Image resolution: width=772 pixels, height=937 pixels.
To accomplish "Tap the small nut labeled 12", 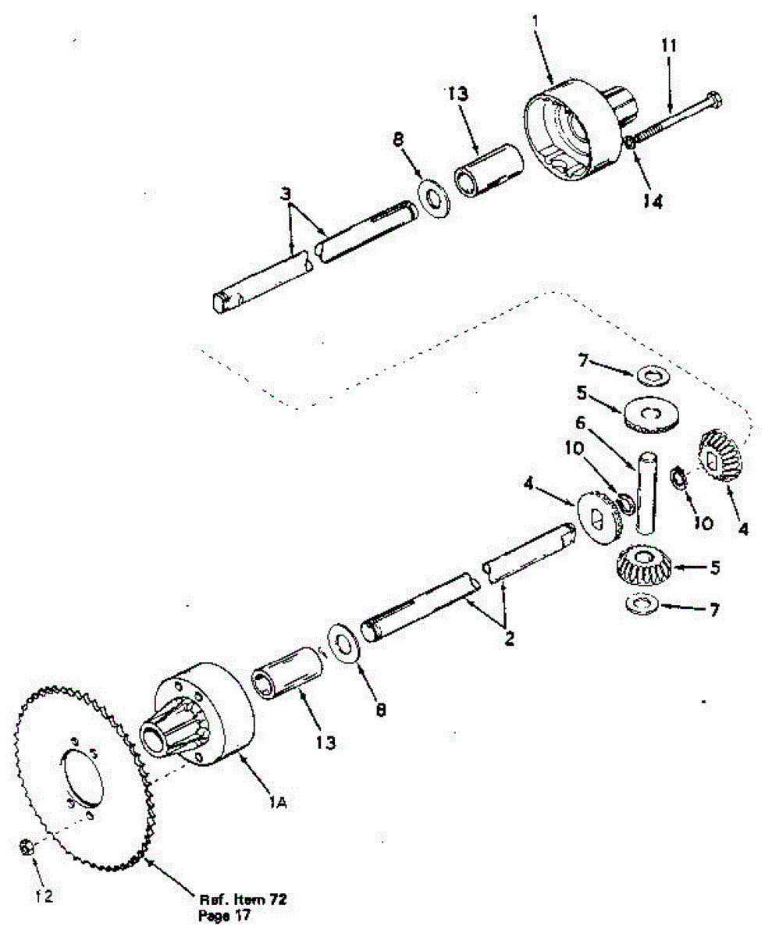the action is pos(25,846).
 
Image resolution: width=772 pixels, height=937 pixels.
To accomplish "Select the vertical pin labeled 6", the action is pos(646,492).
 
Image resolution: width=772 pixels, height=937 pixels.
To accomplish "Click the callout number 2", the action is pos(509,639).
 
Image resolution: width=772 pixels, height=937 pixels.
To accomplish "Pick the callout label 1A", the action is pos(277,803).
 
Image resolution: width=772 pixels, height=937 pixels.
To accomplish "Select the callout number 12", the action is pos(44,896).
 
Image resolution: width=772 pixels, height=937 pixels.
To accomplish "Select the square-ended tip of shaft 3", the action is pos(219,301).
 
